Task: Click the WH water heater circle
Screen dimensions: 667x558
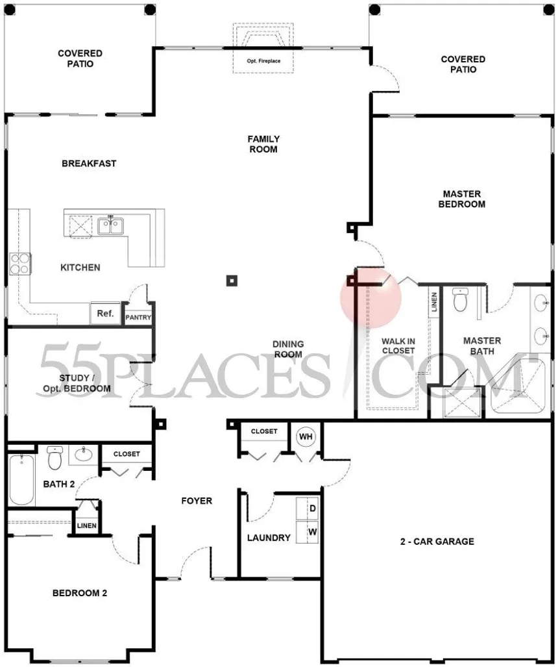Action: pyautogui.click(x=306, y=436)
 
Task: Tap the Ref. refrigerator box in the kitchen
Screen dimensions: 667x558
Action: pyautogui.click(x=105, y=314)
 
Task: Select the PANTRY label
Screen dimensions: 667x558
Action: pyautogui.click(x=138, y=318)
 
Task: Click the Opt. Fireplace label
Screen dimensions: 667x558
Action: pyautogui.click(x=263, y=62)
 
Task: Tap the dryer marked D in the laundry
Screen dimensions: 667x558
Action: pyautogui.click(x=311, y=509)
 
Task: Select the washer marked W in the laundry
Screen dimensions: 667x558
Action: pyautogui.click(x=311, y=531)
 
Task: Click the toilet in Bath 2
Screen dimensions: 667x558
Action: pyautogui.click(x=55, y=458)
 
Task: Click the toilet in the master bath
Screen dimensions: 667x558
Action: pyautogui.click(x=459, y=300)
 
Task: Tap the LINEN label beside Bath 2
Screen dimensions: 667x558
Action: pyautogui.click(x=86, y=525)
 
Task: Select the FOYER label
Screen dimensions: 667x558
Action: pyautogui.click(x=196, y=501)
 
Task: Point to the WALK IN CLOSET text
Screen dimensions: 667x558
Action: pyautogui.click(x=398, y=346)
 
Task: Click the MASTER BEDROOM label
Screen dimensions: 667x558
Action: pyautogui.click(x=463, y=199)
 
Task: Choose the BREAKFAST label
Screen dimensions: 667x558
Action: pyautogui.click(x=89, y=164)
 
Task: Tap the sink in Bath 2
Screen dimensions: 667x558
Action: pyautogui.click(x=84, y=454)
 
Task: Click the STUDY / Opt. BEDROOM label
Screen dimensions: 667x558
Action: pyautogui.click(x=75, y=383)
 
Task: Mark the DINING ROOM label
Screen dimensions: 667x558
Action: pyautogui.click(x=288, y=349)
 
